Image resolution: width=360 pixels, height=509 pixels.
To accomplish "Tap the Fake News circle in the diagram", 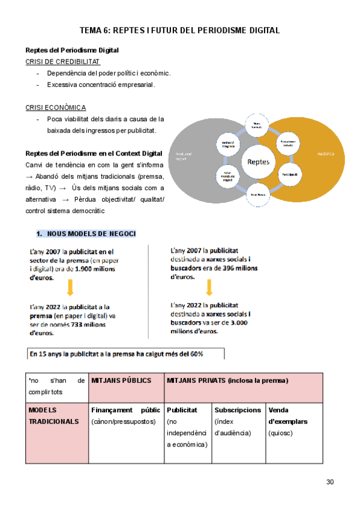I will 258,195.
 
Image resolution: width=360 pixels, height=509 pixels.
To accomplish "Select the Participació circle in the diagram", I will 289,174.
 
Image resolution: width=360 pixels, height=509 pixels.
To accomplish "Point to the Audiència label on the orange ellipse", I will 326,154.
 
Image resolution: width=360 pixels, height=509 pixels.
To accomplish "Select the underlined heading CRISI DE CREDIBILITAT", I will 63,62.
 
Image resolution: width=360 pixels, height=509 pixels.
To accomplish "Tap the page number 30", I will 330,482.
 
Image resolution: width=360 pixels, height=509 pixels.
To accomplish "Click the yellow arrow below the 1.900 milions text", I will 70,288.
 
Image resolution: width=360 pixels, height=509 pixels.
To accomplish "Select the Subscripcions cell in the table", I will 238,410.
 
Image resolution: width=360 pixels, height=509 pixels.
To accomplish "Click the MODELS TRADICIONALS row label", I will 53,415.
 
